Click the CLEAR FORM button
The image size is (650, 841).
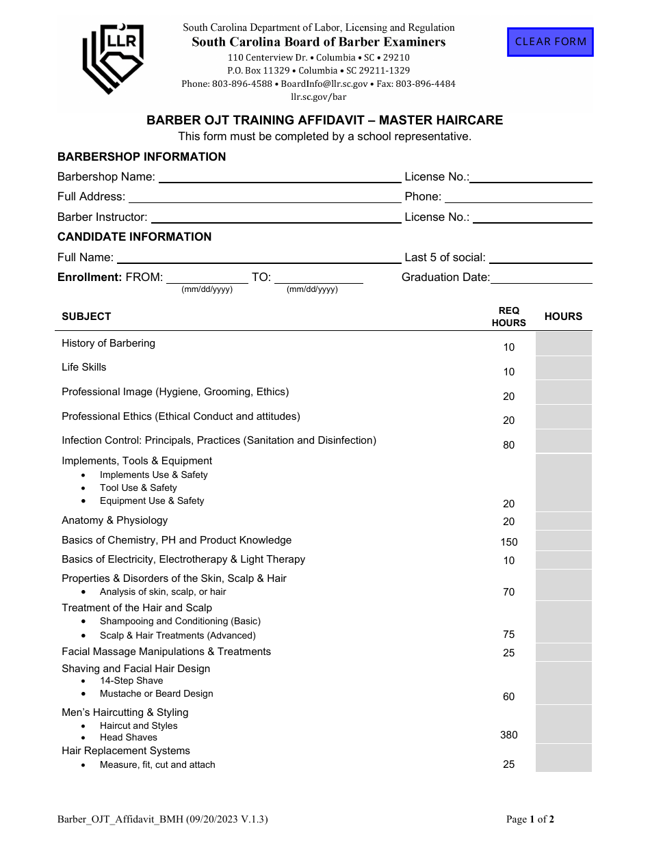[550, 42]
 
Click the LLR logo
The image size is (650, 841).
[114, 58]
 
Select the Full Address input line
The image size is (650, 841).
[265, 197]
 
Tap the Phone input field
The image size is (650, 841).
[518, 197]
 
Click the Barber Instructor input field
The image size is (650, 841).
[276, 217]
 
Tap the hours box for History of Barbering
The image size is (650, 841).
[563, 344]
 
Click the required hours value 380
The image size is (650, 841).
[509, 735]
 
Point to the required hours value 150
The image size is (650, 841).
[509, 542]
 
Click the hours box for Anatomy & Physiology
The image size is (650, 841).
[563, 521]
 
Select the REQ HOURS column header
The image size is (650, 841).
[509, 317]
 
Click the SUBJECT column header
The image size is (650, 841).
[86, 317]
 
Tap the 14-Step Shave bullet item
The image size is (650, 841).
[131, 680]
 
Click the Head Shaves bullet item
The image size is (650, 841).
[129, 737]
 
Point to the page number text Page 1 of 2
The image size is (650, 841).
[530, 819]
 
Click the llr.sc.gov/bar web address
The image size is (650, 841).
[319, 96]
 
